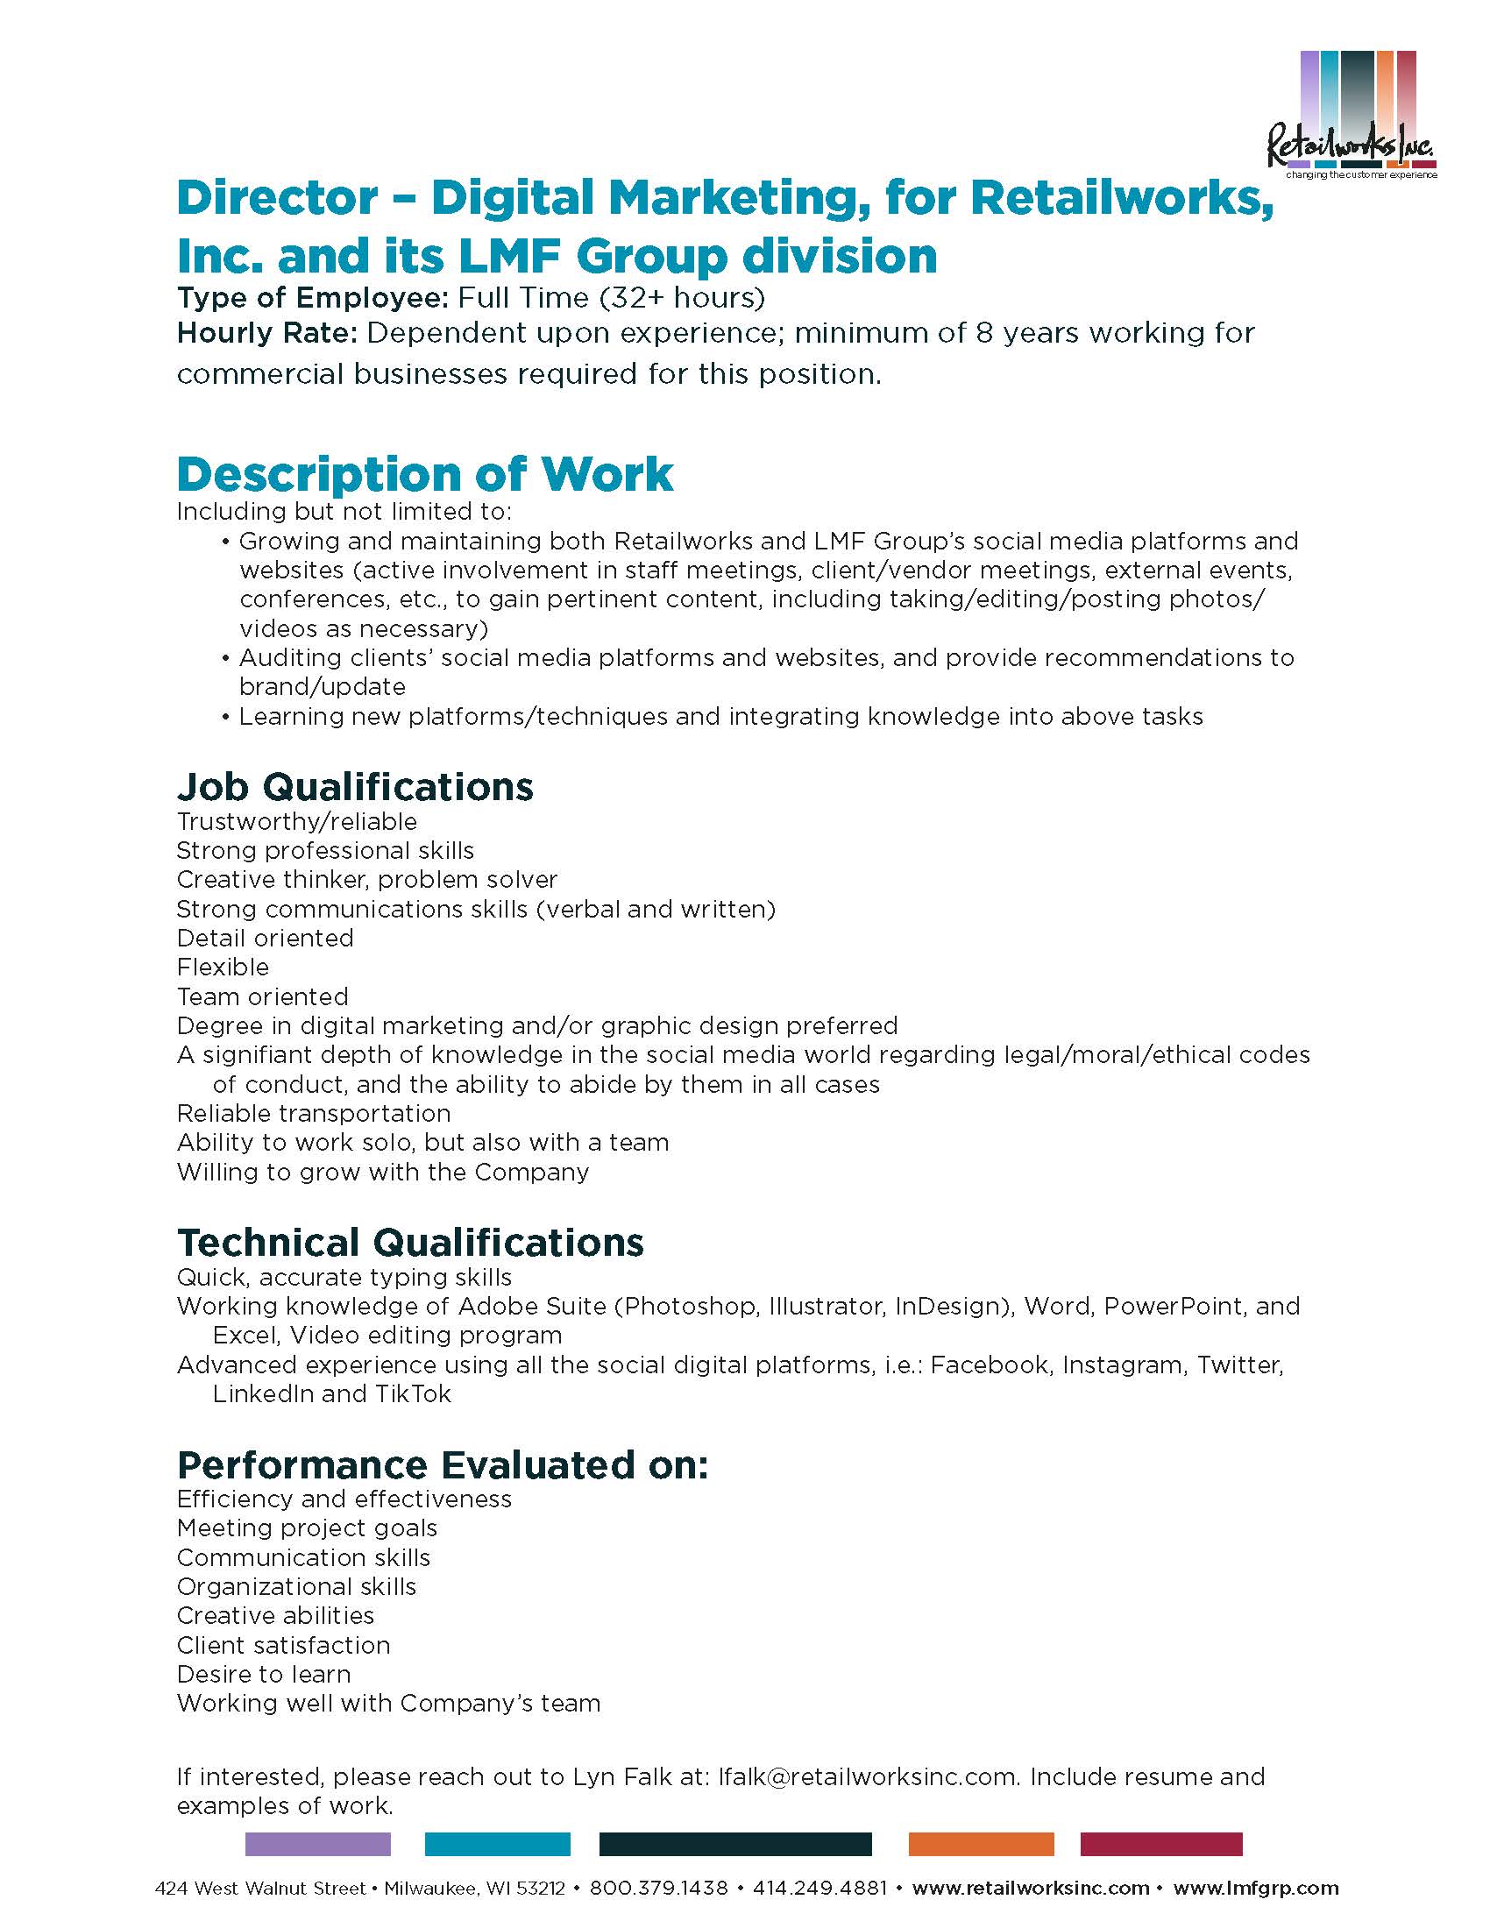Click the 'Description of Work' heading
click(x=424, y=475)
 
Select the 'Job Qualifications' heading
click(x=355, y=787)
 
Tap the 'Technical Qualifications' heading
click(x=410, y=1242)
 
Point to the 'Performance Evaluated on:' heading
click(x=443, y=1464)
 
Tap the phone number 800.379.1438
click(x=658, y=1889)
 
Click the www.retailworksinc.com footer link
click(x=1030, y=1889)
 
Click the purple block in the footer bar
click(x=318, y=1844)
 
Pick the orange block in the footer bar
click(x=981, y=1844)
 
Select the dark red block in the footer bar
click(x=1160, y=1844)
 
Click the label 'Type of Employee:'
click(x=314, y=297)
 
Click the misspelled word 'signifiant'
click(x=250, y=1055)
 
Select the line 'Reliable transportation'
click(x=314, y=1113)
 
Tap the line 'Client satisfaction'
click(x=283, y=1645)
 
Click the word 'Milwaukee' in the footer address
click(x=430, y=1889)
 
